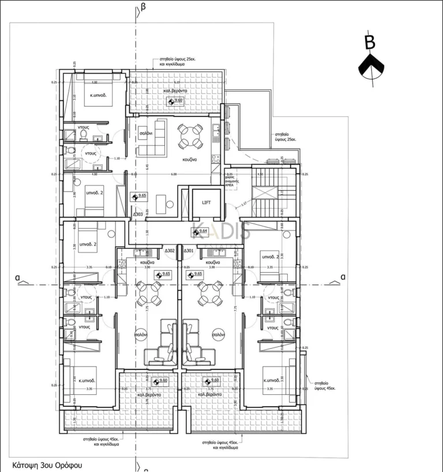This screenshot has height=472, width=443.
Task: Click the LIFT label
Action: tap(206, 203)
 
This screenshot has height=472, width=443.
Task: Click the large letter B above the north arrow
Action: tap(370, 42)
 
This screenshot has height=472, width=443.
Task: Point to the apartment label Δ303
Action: tap(138, 214)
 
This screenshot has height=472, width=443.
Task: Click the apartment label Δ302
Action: tap(170, 251)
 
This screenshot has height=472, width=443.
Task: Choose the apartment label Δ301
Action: tap(189, 251)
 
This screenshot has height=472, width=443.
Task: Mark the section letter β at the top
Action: tap(143, 7)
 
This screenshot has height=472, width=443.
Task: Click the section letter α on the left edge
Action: tap(18, 278)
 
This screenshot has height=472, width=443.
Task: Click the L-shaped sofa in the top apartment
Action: tap(152, 139)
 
